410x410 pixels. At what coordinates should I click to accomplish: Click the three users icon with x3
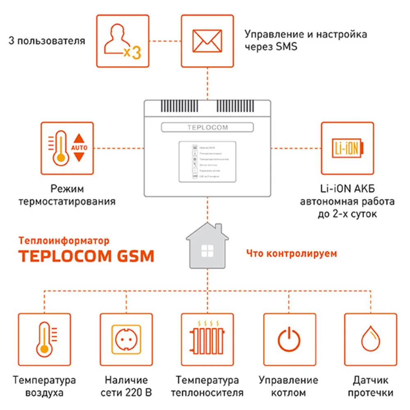(x=122, y=41)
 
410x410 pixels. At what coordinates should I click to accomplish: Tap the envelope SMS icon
(x=207, y=41)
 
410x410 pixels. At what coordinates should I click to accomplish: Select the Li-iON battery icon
(x=347, y=148)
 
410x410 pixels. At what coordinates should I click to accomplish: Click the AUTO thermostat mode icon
(x=67, y=148)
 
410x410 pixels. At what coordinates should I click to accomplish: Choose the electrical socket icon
(x=126, y=340)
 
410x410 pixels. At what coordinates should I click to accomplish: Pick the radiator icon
(x=207, y=340)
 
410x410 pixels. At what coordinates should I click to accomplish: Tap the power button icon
(x=289, y=340)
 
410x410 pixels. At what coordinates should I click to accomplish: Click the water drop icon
(x=370, y=340)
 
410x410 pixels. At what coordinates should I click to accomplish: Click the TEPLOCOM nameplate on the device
(x=207, y=128)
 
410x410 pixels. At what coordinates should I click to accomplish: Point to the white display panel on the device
(x=207, y=161)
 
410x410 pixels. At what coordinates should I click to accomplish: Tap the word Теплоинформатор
(x=64, y=241)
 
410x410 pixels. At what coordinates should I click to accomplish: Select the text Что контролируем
(x=292, y=253)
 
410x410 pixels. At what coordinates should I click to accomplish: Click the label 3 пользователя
(x=47, y=41)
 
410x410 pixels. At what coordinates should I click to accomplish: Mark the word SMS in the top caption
(x=285, y=46)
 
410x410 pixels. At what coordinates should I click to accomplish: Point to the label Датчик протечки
(x=370, y=386)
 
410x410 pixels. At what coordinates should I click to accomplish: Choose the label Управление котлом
(x=289, y=386)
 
